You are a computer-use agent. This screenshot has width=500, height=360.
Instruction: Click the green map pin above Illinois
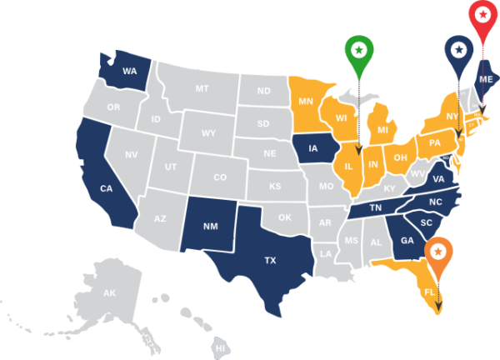click(358, 52)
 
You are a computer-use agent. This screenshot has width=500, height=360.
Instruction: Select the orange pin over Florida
click(438, 251)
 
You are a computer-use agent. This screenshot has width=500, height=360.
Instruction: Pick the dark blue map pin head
click(457, 50)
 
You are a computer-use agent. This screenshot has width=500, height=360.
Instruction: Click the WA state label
click(129, 71)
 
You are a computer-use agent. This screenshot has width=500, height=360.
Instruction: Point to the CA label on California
click(106, 188)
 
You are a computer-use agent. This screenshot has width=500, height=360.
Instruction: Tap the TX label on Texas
click(270, 261)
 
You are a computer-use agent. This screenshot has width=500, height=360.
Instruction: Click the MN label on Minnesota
click(307, 101)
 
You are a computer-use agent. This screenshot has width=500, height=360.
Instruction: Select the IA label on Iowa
click(313, 149)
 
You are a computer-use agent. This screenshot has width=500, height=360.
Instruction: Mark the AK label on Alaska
click(109, 293)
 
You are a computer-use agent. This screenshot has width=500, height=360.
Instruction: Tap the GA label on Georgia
click(407, 240)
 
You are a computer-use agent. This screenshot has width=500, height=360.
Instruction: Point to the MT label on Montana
click(202, 88)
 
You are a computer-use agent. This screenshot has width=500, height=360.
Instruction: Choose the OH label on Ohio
click(400, 157)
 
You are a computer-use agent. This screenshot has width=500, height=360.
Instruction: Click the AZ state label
click(161, 218)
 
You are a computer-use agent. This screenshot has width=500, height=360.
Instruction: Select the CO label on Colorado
click(220, 177)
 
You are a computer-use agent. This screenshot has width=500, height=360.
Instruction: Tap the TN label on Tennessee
click(376, 207)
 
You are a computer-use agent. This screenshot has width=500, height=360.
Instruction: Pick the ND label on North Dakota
click(263, 91)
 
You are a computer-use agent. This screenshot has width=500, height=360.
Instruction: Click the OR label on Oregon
click(114, 107)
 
